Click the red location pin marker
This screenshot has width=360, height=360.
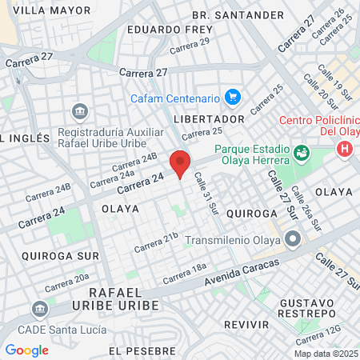tap(180, 162)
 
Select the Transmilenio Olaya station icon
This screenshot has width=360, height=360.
tap(294, 239)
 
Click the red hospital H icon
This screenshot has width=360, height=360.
tap(345, 149)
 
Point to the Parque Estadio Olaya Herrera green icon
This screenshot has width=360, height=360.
tap(302, 152)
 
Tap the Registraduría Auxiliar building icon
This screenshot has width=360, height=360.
tap(79, 110)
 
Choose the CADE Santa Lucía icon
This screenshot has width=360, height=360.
tap(39, 309)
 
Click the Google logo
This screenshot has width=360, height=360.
tap(27, 350)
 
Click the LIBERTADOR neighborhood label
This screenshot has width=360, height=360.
tap(209, 118)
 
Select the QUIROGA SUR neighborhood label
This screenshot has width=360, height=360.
tap(50, 256)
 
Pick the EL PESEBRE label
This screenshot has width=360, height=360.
tap(142, 350)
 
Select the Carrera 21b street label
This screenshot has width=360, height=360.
tap(155, 242)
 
